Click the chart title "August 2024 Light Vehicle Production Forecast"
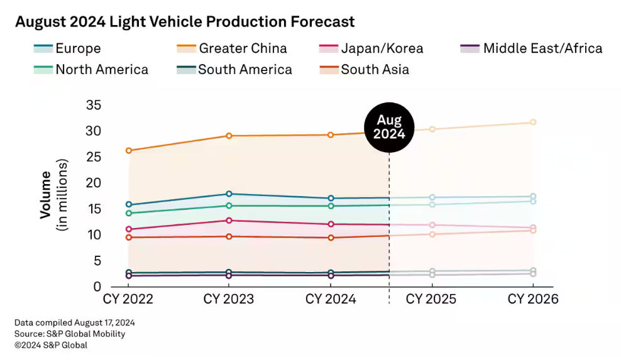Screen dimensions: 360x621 click(x=185, y=22)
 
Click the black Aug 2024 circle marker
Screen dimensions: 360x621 click(x=389, y=128)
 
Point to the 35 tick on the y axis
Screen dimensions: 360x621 click(x=94, y=105)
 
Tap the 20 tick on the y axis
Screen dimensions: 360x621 click(x=94, y=183)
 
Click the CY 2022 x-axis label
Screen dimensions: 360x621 click(x=128, y=299)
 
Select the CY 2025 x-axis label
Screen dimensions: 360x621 click(x=431, y=299)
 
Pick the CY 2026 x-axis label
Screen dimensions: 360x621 click(x=533, y=299)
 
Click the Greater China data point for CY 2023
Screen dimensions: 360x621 click(x=229, y=136)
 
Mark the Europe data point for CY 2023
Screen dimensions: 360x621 click(x=229, y=194)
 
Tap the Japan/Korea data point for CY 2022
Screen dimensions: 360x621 click(x=128, y=229)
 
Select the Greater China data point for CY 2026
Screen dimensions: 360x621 click(x=533, y=123)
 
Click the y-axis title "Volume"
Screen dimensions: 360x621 click(x=46, y=194)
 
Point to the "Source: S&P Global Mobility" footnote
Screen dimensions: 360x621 click(x=70, y=334)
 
